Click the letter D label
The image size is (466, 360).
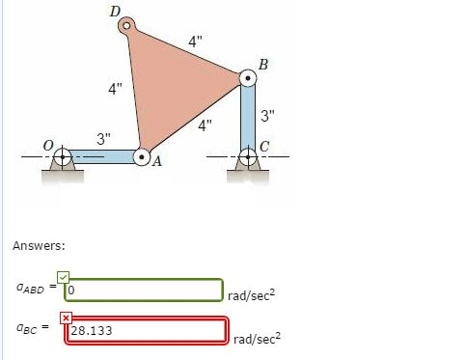tap(116, 12)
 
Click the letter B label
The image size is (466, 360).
tap(263, 64)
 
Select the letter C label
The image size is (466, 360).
tap(264, 145)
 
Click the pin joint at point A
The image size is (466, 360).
tap(142, 155)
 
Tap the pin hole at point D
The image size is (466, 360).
tap(126, 26)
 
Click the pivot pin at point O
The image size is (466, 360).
tap(62, 155)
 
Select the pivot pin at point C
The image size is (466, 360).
tap(247, 155)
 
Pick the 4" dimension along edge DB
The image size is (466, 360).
tap(196, 42)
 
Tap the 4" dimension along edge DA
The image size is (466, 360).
tap(116, 89)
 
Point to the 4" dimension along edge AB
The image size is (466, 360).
tap(205, 125)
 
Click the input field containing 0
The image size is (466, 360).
tap(145, 289)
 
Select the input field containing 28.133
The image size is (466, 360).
tap(145, 330)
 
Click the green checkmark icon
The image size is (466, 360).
tap(64, 278)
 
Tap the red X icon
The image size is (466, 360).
tap(66, 318)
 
